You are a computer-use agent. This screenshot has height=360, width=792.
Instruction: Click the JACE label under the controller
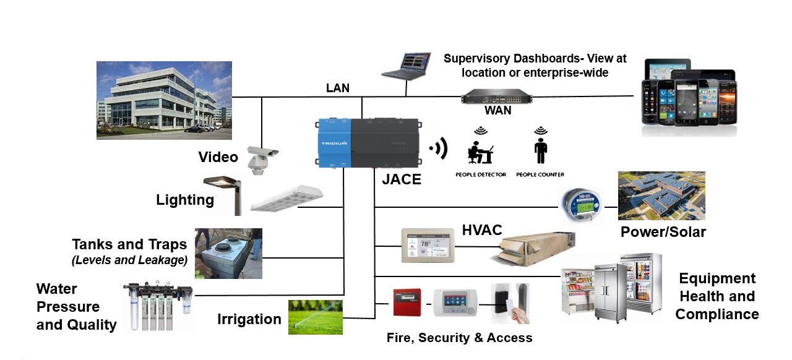point(402,179)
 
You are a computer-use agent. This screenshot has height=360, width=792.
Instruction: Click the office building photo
point(164,100)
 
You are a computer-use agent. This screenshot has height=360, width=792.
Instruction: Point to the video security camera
point(260,158)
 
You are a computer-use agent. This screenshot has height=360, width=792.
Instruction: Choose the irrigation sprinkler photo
point(315,317)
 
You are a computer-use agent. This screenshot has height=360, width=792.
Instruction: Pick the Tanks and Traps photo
point(228,253)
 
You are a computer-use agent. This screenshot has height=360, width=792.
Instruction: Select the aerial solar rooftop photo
point(661,195)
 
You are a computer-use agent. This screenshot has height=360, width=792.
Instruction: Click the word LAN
point(338,88)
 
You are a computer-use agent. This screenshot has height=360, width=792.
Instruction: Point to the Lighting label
point(185,200)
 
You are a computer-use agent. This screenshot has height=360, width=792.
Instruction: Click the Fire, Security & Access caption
point(459,338)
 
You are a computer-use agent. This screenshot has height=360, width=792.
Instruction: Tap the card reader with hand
point(510,303)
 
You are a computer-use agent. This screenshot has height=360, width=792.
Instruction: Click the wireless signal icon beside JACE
point(439,148)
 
